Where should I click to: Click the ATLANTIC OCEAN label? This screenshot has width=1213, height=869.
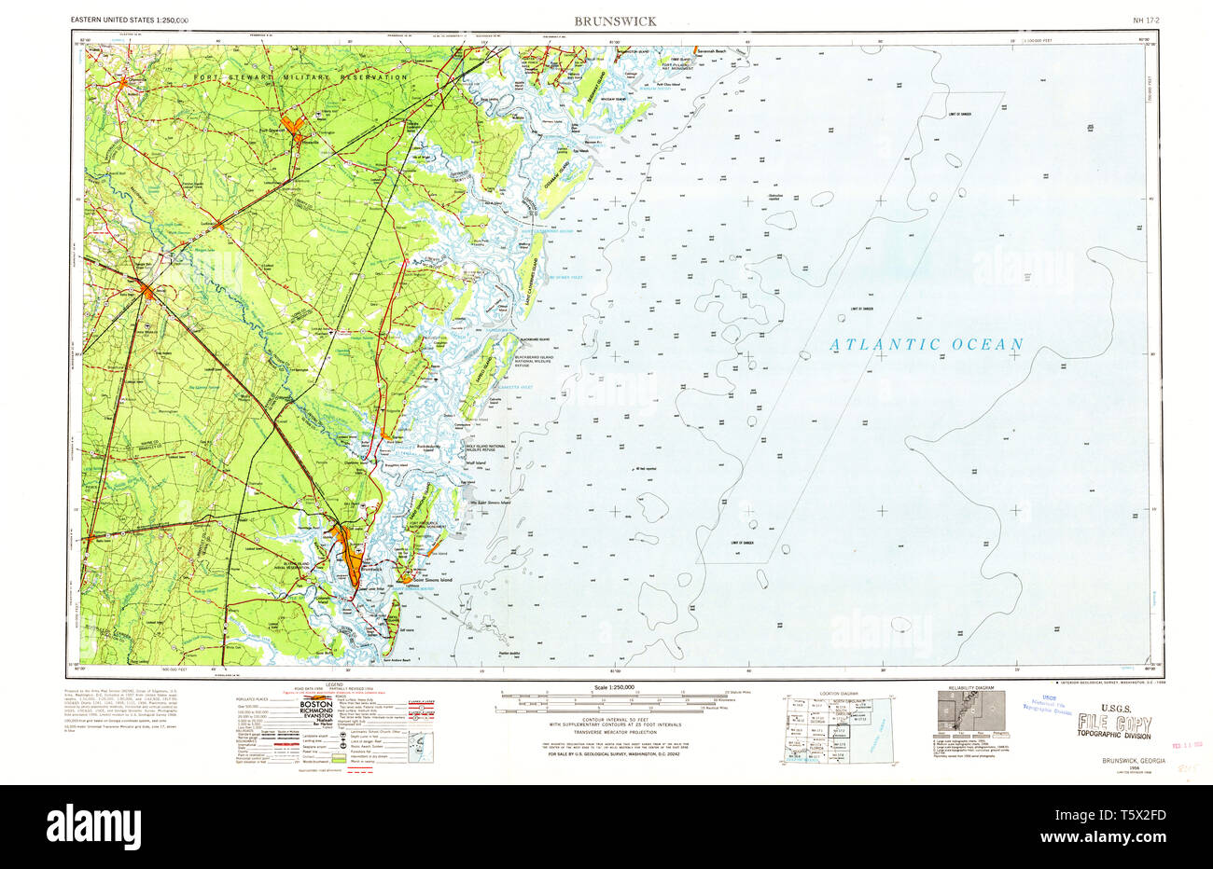click(x=927, y=344)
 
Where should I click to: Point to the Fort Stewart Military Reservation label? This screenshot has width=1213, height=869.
click(x=300, y=76)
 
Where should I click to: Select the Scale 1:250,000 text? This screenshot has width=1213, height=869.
click(x=607, y=688)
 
